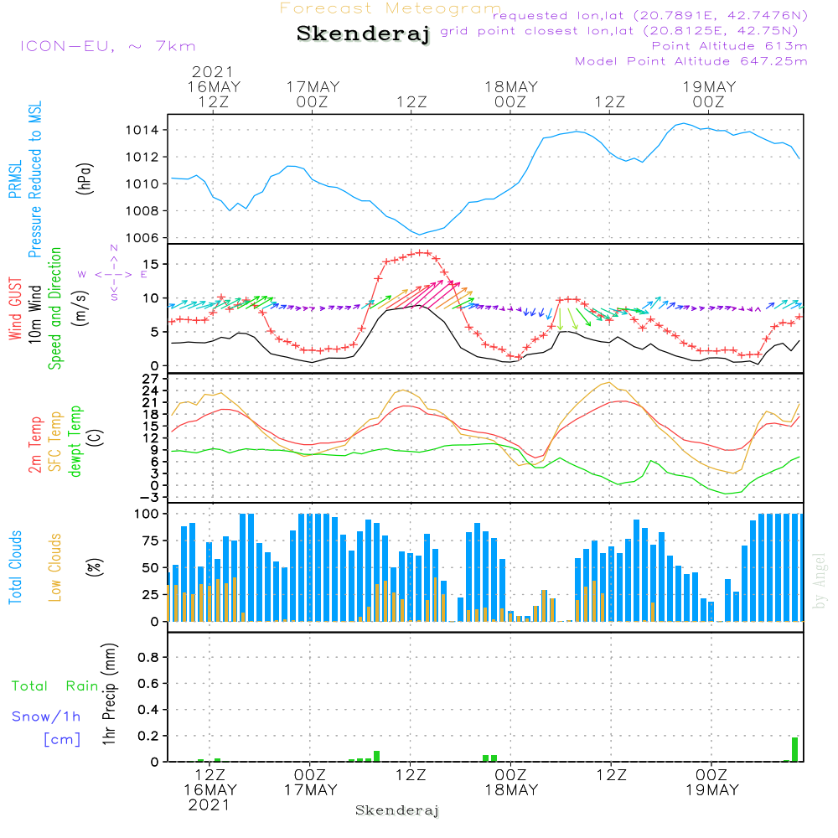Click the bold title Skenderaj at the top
click(x=363, y=34)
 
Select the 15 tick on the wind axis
click(x=152, y=264)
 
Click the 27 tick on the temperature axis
click(x=152, y=379)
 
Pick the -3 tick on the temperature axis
click(x=152, y=497)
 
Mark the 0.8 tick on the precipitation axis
click(x=148, y=657)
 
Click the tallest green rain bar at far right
click(x=794, y=749)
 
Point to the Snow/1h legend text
click(x=46, y=716)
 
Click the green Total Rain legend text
click(x=54, y=686)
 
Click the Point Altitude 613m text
click(x=729, y=46)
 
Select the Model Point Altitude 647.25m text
click(x=691, y=61)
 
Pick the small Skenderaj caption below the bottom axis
click(x=397, y=810)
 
